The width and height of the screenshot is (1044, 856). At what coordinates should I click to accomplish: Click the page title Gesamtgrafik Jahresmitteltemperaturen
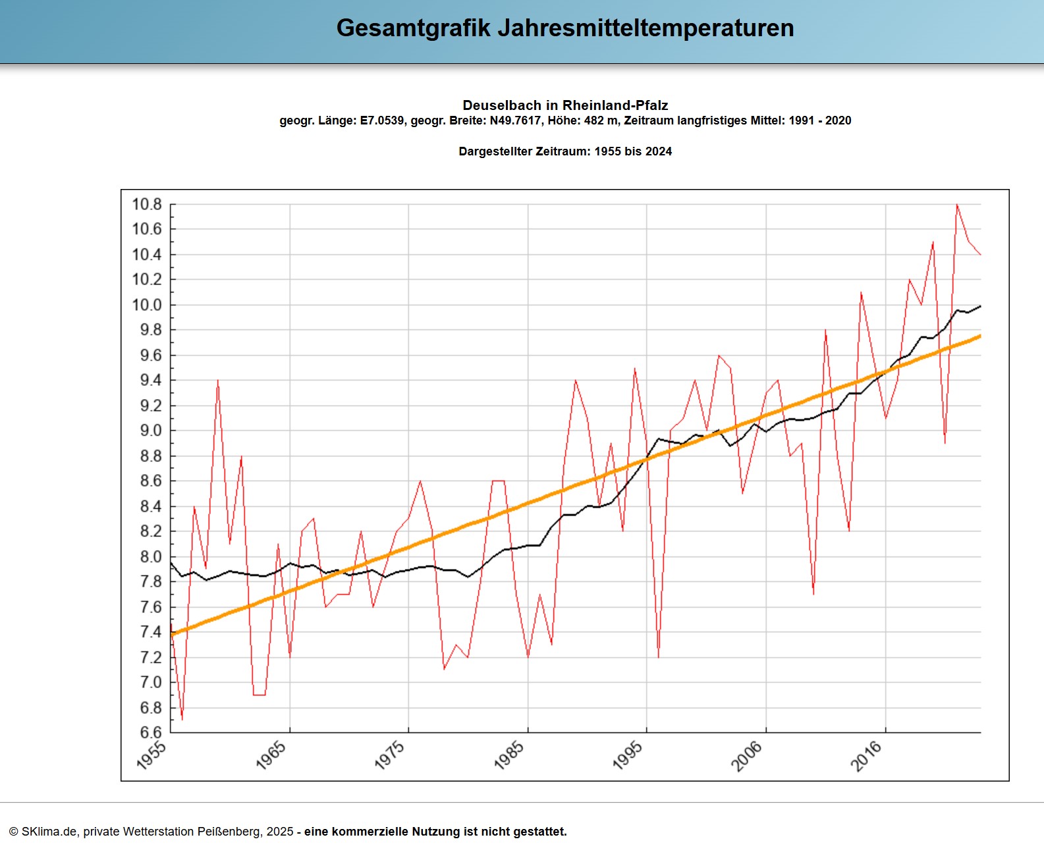tap(565, 28)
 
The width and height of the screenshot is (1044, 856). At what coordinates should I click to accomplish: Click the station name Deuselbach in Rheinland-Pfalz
tap(565, 105)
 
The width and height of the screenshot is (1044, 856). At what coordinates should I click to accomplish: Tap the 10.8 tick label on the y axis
tap(147, 204)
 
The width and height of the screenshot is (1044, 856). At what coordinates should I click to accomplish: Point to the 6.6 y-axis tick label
tap(150, 732)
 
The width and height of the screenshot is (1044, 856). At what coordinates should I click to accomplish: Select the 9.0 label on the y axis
tap(150, 431)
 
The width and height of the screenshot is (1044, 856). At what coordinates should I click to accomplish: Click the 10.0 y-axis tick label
tap(147, 305)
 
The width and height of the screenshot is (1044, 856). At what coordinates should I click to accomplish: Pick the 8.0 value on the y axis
tap(150, 556)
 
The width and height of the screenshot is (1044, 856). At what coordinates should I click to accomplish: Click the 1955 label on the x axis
tap(151, 755)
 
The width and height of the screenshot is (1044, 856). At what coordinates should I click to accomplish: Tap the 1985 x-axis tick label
tap(509, 755)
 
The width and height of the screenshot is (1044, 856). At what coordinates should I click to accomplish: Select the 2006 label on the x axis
tap(747, 755)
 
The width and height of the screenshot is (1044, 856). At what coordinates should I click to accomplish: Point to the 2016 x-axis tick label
tap(866, 755)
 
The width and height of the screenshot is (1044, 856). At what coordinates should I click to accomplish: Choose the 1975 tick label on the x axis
tap(389, 755)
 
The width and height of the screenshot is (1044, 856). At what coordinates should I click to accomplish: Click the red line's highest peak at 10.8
tap(957, 205)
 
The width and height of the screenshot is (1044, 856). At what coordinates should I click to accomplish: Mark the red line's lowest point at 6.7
tap(182, 719)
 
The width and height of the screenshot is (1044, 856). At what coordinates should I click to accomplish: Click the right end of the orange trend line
tap(980, 336)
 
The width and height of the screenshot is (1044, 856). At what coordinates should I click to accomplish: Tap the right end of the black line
tap(980, 306)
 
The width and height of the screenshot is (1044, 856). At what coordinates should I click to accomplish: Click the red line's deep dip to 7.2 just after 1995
tap(658, 656)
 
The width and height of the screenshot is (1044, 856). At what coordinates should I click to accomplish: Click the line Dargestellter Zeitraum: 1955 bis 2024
tap(565, 151)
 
